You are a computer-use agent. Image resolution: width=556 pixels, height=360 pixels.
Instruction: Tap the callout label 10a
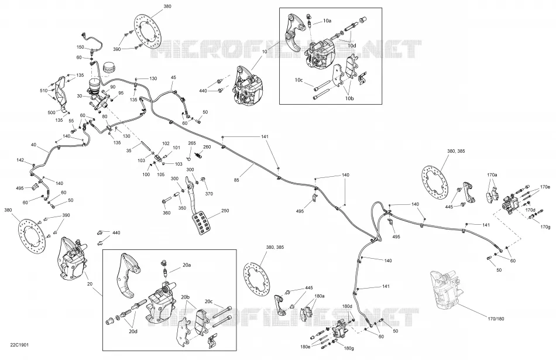327,21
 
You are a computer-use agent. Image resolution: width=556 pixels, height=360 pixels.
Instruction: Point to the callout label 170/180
496,319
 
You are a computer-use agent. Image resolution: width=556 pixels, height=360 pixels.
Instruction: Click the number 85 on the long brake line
236,180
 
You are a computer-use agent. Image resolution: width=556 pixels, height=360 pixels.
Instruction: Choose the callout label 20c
208,301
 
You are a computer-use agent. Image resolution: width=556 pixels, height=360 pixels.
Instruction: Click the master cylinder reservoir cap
108,68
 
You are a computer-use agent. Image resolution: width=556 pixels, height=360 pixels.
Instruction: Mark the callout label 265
192,143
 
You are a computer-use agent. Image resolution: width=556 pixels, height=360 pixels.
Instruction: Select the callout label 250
225,210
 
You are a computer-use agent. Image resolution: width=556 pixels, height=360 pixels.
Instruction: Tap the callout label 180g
349,348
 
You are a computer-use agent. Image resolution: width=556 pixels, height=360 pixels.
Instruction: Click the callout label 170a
492,175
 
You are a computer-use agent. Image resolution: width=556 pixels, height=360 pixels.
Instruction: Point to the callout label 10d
352,46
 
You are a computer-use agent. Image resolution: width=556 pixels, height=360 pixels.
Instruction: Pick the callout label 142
20,160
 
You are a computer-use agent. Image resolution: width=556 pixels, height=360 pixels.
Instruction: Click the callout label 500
52,113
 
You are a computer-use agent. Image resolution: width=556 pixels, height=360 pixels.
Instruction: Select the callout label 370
209,194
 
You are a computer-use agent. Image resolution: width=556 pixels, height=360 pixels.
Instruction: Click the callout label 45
173,77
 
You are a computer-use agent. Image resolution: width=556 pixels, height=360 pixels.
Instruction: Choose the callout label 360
167,213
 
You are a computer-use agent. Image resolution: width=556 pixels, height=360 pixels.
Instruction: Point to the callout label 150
81,47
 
